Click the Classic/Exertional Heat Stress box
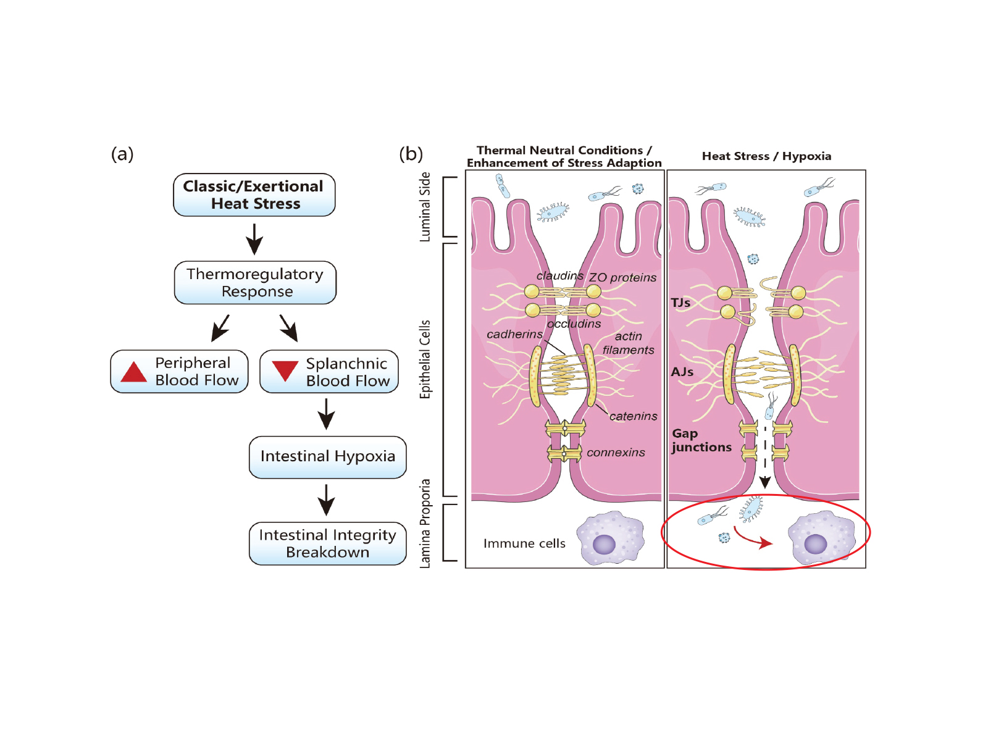pos(254,195)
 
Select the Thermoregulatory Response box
pos(255,283)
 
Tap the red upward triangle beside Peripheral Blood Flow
pos(133,372)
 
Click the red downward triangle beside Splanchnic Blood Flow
pos(285,371)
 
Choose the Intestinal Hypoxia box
pos(327,457)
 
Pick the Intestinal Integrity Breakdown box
pos(327,543)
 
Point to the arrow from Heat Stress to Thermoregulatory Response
pos(254,238)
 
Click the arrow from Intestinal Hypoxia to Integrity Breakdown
pos(326,500)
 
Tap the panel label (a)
pos(122,154)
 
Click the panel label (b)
pos(411,154)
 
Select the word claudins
pos(559,275)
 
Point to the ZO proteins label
pos(622,278)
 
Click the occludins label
pos(574,324)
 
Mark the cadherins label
pos(514,334)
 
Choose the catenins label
pos(633,416)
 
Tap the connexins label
pos(616,453)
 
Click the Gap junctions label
pos(701,440)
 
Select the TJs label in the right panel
pos(680,303)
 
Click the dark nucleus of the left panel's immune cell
pos(604,545)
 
